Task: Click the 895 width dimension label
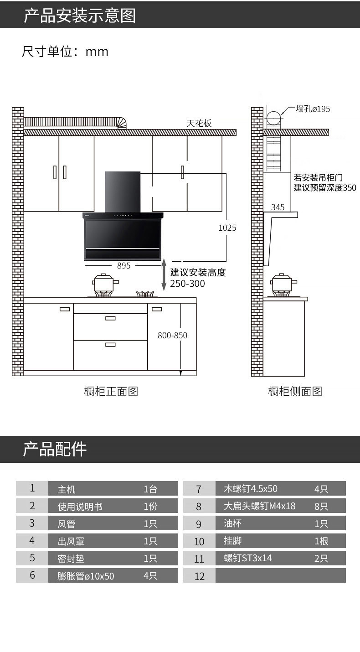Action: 123,265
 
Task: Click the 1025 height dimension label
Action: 227,228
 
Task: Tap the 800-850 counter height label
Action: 172,336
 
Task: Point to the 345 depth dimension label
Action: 278,207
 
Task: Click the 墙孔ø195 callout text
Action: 313,109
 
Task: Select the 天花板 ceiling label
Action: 199,123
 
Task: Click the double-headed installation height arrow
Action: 164,275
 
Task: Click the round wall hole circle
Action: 274,118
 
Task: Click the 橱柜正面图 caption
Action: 111,391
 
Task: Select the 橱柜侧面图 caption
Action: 295,391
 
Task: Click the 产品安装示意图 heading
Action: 80,16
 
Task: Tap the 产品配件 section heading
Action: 55,449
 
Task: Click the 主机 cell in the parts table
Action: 67,489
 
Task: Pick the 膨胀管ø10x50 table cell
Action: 86,576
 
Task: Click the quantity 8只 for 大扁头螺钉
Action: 321,506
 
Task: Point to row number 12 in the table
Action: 200,576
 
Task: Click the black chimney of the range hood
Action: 123,191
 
